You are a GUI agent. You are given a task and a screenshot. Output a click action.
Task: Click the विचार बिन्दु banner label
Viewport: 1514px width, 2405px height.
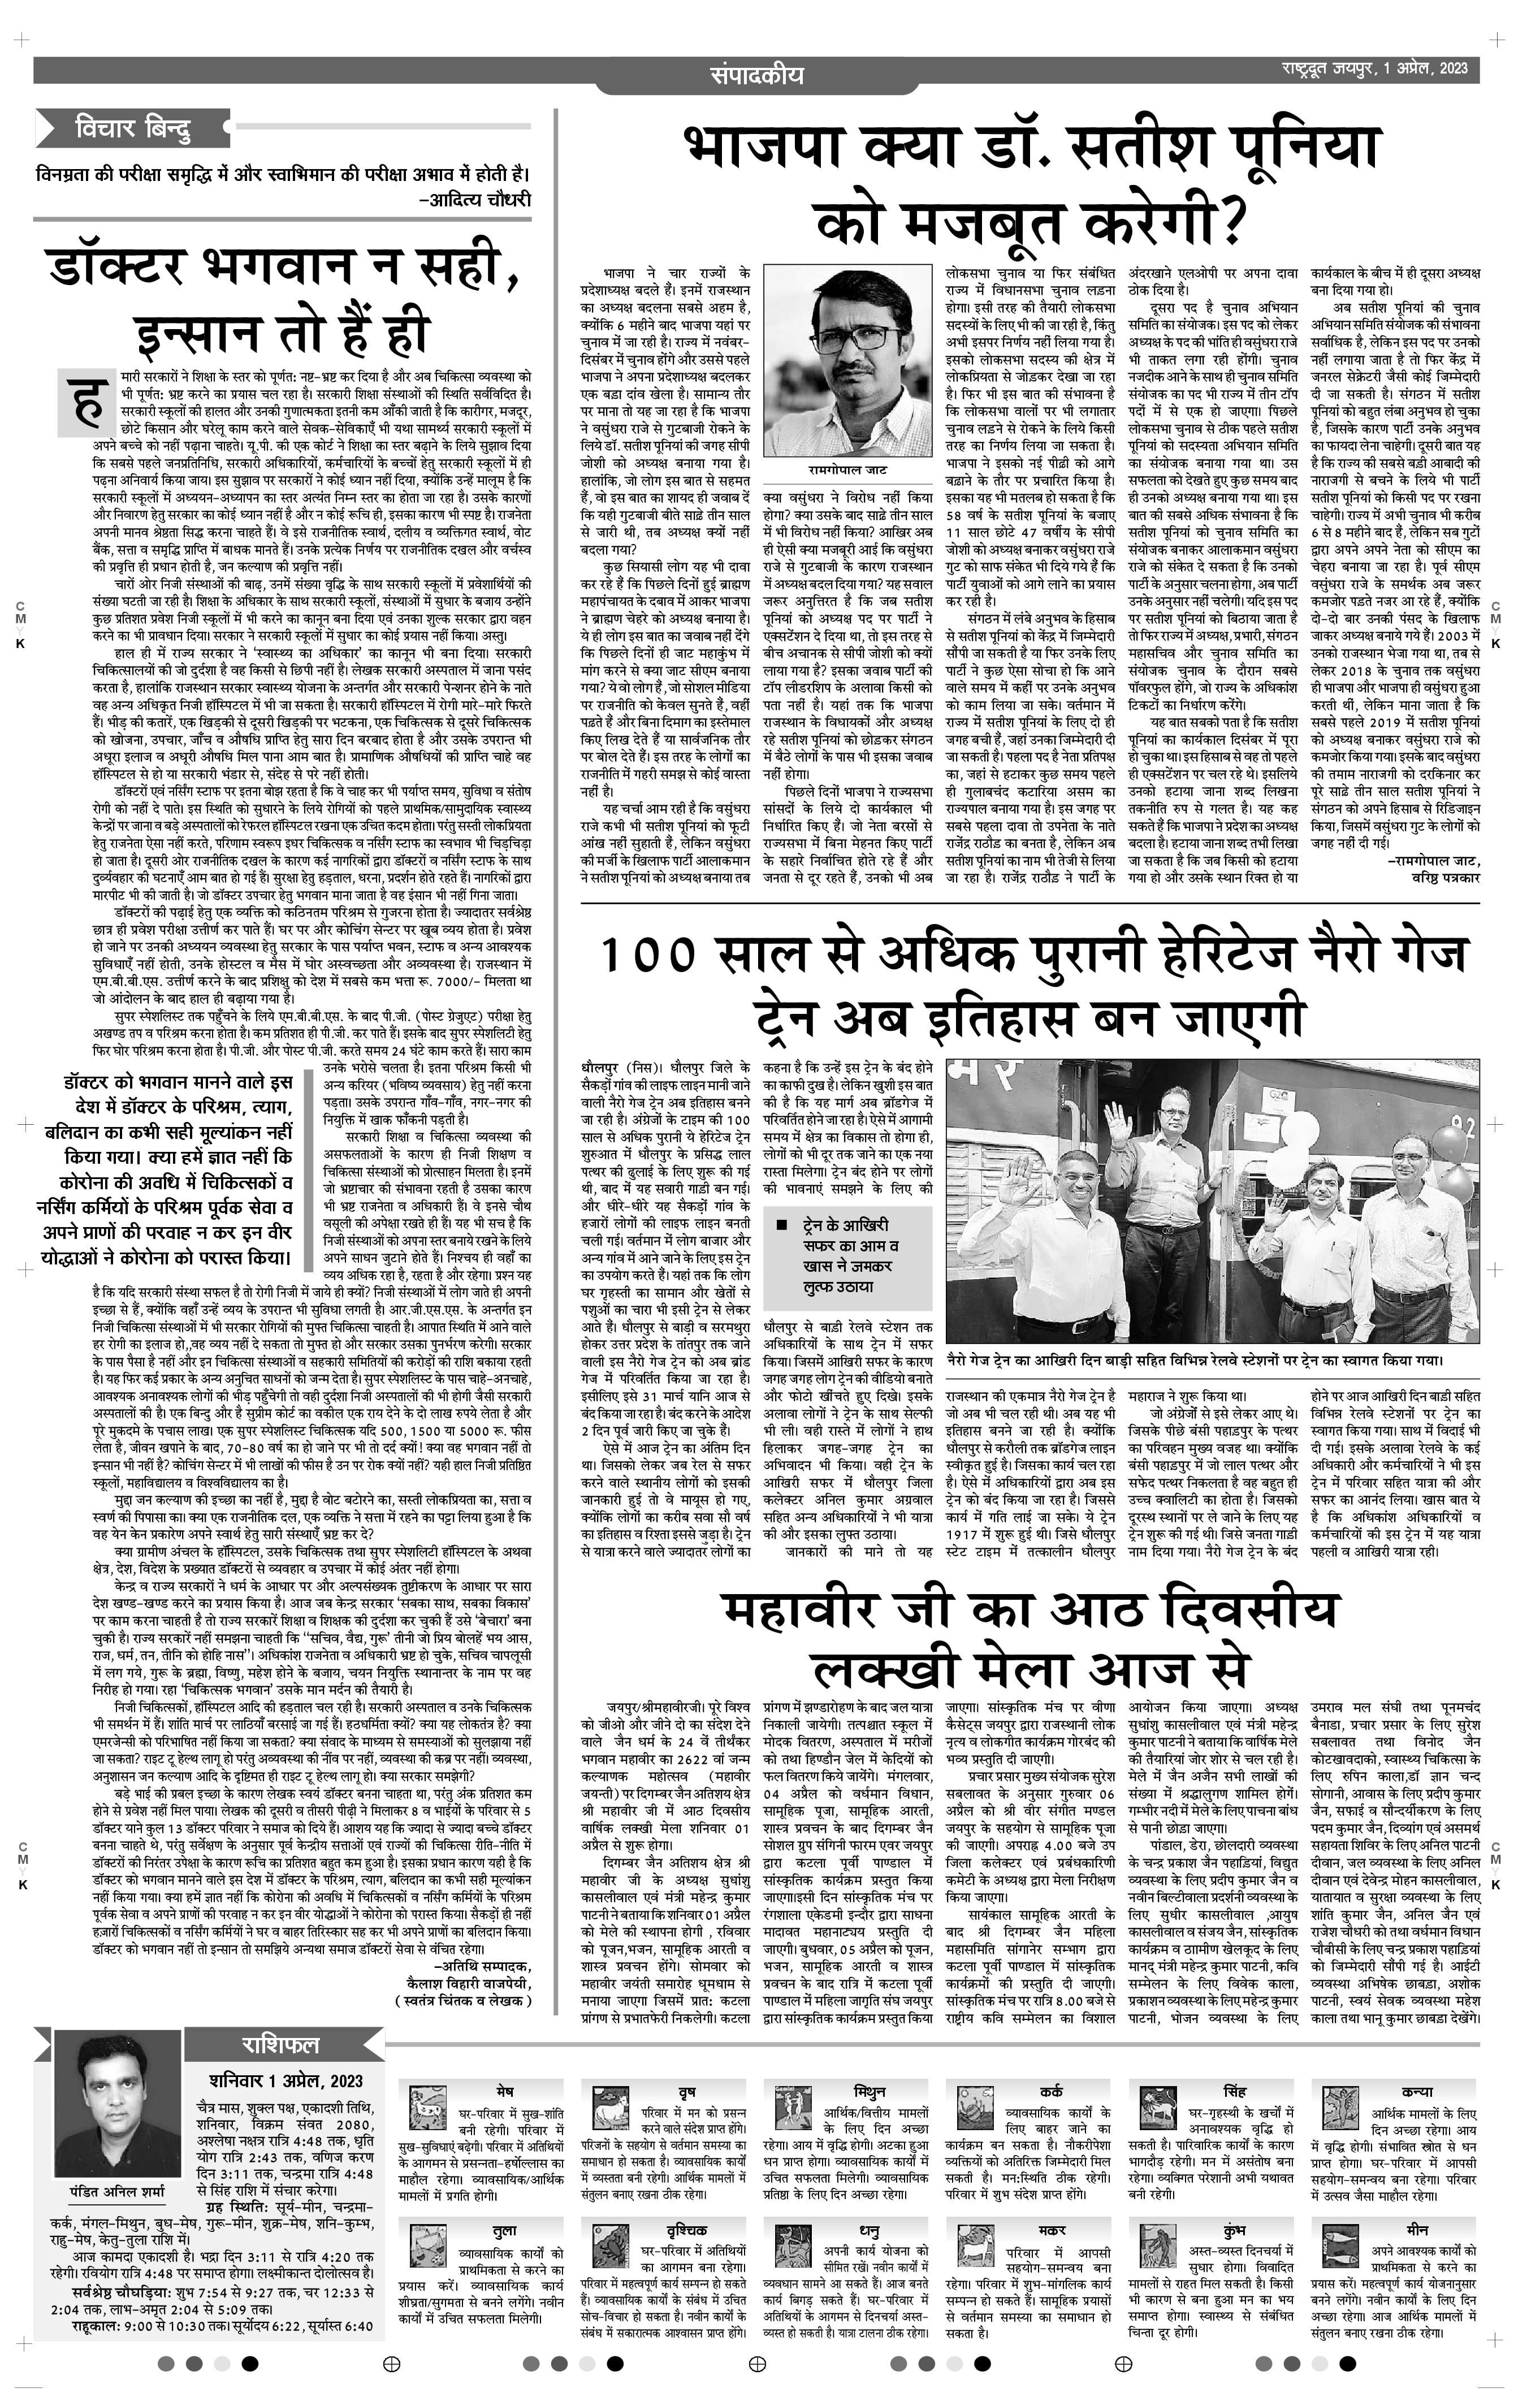[133, 128]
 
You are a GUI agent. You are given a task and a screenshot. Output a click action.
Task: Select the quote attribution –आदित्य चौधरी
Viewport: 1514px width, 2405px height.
[474, 198]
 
